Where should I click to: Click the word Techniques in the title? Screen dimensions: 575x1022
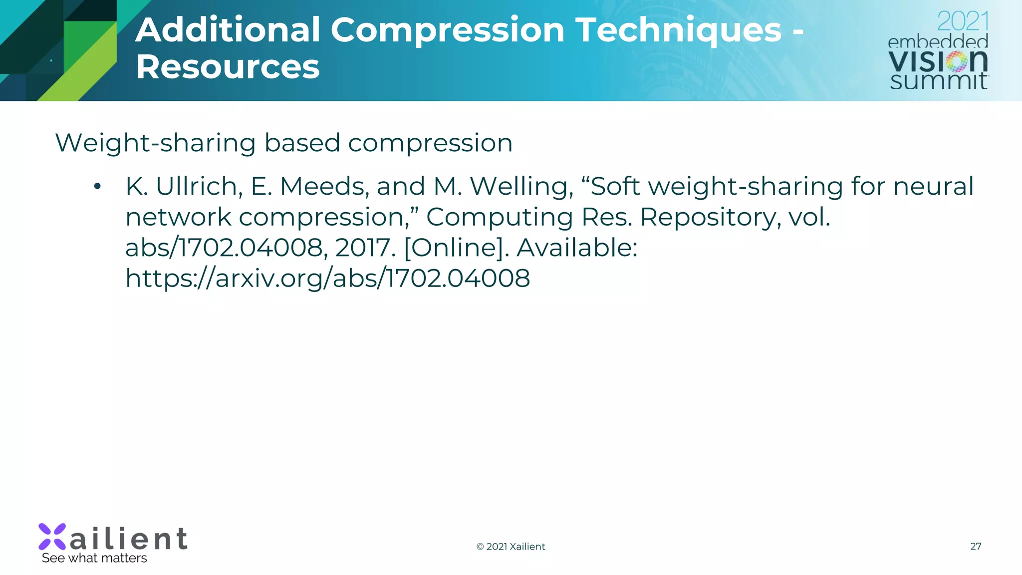tap(678, 30)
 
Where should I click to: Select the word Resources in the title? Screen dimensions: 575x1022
tap(228, 67)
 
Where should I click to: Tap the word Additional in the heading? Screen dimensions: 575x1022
tap(228, 30)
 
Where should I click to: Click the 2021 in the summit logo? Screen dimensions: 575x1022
tap(963, 21)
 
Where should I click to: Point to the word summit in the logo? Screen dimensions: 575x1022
tap(938, 81)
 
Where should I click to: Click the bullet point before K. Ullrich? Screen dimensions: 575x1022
tap(97, 187)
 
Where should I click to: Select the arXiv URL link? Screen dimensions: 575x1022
tap(327, 279)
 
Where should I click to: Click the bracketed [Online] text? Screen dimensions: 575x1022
tap(456, 248)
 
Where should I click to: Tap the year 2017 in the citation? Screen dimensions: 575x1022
tap(364, 248)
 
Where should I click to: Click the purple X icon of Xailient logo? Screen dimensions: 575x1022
tap(52, 537)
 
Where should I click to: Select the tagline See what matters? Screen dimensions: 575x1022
tap(94, 558)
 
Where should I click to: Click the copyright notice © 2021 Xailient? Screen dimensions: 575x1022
tap(511, 547)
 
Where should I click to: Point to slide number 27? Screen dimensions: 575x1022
tap(976, 547)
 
